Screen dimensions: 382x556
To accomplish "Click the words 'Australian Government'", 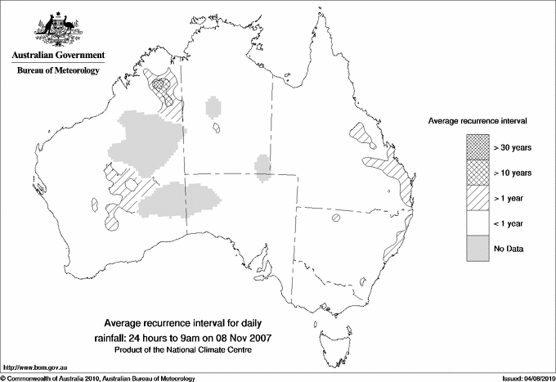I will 57,56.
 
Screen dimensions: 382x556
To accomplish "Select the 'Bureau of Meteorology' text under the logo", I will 57,70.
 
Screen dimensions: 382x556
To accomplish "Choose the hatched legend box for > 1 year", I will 477,197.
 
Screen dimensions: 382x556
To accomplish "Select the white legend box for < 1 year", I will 477,222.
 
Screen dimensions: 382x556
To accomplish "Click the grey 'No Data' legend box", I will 477,248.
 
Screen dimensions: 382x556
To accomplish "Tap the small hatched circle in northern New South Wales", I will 335,218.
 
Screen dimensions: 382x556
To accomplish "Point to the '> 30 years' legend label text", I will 513,147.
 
